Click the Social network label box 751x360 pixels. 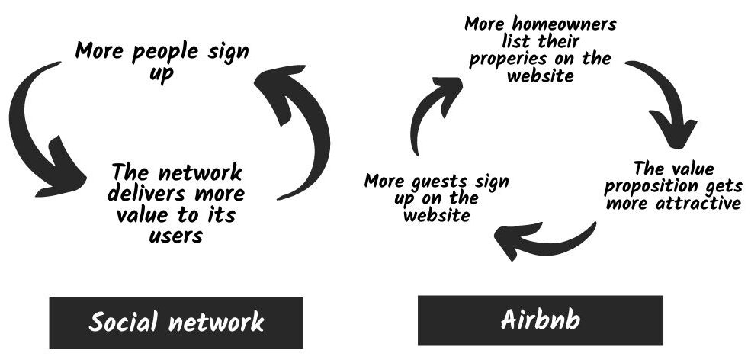click(x=176, y=323)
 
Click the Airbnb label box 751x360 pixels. click(x=541, y=320)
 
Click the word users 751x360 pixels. click(x=176, y=236)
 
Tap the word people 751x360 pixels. click(x=165, y=51)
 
